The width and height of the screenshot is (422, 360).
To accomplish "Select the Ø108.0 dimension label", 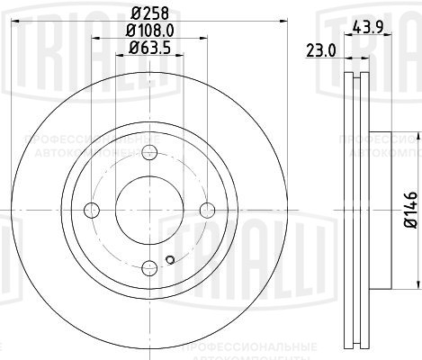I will point(149,31).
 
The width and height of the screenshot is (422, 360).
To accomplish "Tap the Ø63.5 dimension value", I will point(149,48).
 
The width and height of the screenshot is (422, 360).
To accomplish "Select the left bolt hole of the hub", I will point(90,211).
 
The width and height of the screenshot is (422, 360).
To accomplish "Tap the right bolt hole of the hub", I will point(207,211).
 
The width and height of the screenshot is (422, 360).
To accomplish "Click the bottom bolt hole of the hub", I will point(148,268).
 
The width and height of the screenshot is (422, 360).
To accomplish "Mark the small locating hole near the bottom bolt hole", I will point(169,263).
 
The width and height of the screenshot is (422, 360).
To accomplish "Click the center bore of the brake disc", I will point(148,211).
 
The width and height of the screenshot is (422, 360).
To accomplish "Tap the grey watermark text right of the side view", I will point(378,148).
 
